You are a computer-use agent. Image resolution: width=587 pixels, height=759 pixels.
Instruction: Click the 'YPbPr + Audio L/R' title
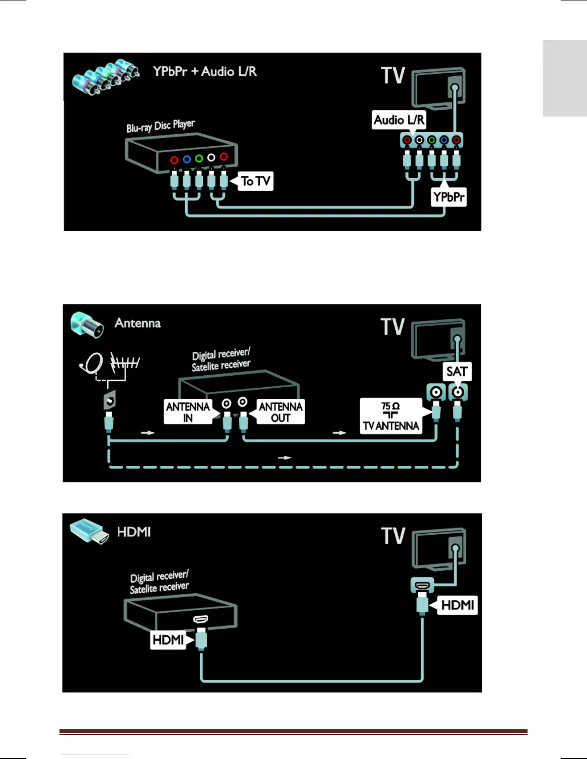[205, 72]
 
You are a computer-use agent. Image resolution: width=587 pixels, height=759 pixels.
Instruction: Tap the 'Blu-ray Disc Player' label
[160, 126]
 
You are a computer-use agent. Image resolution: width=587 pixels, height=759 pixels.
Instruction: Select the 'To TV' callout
[256, 181]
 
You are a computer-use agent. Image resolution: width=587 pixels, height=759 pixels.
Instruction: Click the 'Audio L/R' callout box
[399, 120]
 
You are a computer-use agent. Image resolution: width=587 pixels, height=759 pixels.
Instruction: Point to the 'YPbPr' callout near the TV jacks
[448, 197]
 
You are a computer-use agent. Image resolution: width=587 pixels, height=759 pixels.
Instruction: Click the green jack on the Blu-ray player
[199, 158]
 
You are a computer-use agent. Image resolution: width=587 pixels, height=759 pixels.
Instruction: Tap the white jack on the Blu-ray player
[211, 157]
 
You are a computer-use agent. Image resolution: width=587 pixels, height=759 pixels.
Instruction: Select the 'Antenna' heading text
[138, 323]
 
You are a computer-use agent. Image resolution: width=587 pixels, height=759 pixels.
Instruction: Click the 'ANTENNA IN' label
[188, 412]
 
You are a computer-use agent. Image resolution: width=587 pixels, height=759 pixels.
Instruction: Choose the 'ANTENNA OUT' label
[281, 412]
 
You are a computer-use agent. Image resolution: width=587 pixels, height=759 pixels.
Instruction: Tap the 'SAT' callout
[457, 372]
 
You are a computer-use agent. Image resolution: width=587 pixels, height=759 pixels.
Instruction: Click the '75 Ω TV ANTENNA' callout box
[391, 416]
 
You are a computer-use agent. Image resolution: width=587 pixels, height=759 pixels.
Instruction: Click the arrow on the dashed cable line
[284, 458]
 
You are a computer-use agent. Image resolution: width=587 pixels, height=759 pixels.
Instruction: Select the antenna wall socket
[110, 399]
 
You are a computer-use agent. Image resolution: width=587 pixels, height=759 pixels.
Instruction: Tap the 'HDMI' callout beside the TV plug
[458, 605]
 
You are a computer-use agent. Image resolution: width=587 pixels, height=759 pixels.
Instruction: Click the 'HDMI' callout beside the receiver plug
[168, 640]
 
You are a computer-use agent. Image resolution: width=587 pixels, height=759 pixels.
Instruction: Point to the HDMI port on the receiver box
[201, 620]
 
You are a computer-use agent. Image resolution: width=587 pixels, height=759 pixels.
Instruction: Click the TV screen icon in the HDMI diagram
[438, 548]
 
